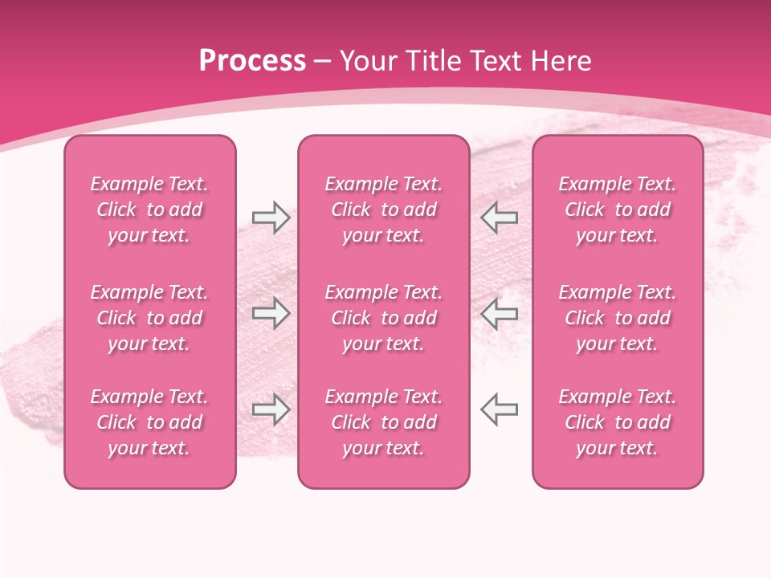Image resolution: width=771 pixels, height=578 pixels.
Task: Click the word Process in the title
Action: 252,61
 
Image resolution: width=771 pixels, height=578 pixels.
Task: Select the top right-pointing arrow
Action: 271,218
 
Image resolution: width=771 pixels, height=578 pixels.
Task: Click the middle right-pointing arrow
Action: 271,312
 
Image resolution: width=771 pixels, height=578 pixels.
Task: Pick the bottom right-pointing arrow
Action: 271,409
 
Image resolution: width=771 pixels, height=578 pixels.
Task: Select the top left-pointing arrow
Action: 500,218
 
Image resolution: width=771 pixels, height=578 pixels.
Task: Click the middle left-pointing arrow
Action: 500,312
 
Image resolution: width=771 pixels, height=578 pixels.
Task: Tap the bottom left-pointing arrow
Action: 500,409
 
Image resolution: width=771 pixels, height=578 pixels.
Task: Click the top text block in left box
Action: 149,210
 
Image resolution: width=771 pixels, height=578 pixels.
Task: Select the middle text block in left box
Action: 149,318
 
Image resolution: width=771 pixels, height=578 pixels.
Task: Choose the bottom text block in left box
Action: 149,422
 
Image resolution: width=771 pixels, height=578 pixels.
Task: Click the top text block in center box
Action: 383,210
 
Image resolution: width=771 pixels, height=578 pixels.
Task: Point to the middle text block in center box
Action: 383,318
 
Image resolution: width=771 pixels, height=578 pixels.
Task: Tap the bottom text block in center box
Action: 383,422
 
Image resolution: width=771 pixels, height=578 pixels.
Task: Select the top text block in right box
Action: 617,210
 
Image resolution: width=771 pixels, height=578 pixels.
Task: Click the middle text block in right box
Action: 617,318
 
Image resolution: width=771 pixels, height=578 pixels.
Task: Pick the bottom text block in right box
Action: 617,422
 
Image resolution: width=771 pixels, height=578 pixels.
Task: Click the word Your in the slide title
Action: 369,61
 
